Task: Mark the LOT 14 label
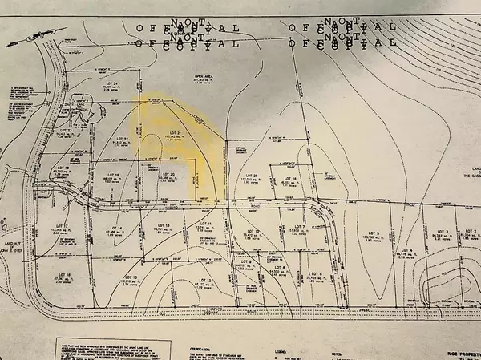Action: (117, 229)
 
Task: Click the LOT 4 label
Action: (406, 251)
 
